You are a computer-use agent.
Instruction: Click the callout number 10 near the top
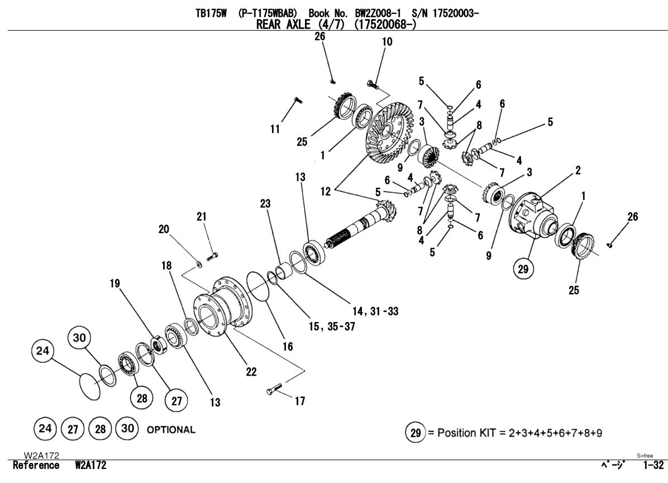pos(387,41)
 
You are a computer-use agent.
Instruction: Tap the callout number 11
pos(275,129)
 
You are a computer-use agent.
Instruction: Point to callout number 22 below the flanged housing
pos(251,372)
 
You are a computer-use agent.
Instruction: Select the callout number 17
pos(300,401)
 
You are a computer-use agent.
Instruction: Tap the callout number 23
pos(265,203)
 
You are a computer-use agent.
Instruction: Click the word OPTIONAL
pos(170,430)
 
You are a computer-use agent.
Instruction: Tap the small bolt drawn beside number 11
pos(296,100)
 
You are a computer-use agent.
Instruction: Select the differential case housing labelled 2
pos(533,216)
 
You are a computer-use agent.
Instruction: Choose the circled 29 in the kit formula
pos(413,433)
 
